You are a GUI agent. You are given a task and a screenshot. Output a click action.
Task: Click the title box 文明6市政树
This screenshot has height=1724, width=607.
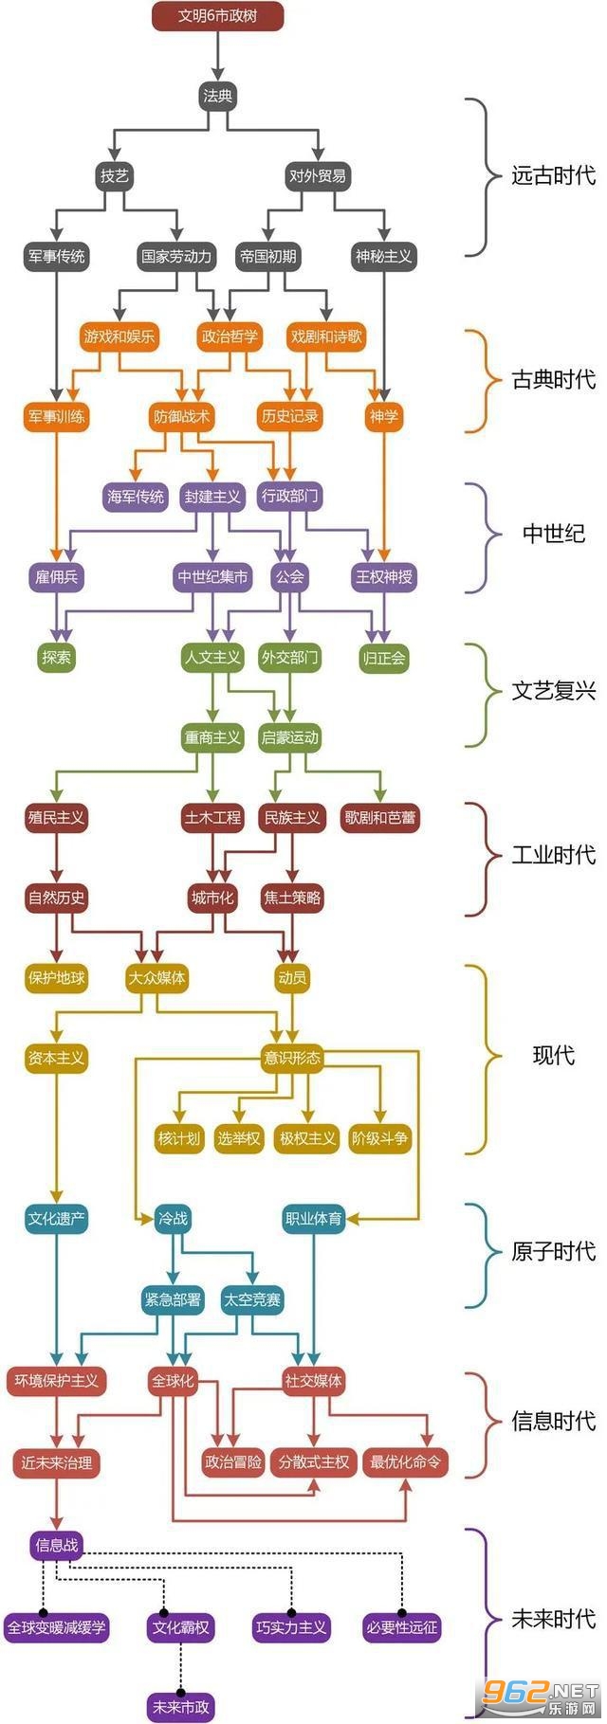click(x=217, y=16)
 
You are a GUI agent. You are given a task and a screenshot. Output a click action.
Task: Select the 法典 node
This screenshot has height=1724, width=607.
click(x=217, y=96)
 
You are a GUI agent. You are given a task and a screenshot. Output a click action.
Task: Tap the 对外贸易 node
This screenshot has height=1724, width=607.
click(x=318, y=175)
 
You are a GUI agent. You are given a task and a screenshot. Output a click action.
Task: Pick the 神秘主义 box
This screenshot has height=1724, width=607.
click(x=384, y=256)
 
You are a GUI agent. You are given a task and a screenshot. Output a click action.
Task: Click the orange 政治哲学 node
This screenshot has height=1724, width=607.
click(x=230, y=336)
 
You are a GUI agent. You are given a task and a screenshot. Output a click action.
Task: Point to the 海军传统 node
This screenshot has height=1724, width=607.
click(x=136, y=497)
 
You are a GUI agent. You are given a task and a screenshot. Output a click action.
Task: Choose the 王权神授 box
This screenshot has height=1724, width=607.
click(x=384, y=577)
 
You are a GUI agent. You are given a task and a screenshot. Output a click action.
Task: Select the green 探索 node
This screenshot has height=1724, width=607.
click(x=57, y=658)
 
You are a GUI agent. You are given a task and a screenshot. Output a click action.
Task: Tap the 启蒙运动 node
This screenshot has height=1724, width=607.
click(x=289, y=737)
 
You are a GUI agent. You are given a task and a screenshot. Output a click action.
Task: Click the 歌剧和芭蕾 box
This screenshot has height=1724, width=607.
click(x=380, y=818)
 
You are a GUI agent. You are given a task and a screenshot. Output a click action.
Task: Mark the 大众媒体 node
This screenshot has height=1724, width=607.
click(x=157, y=978)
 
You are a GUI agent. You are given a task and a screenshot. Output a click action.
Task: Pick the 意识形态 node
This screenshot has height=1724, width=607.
click(x=292, y=1059)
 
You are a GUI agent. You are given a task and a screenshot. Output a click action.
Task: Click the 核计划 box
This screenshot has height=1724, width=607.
click(x=179, y=1139)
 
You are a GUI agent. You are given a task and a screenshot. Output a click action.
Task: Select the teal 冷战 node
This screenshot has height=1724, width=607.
click(x=173, y=1220)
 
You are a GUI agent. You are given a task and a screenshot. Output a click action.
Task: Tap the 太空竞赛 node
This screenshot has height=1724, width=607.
click(x=252, y=1300)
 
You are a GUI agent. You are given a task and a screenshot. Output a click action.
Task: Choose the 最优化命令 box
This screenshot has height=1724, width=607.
click(x=406, y=1462)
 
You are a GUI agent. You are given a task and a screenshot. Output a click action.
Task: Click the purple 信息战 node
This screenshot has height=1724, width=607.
click(x=57, y=1546)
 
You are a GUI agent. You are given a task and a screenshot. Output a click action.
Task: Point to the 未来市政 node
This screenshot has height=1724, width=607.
click(x=180, y=1707)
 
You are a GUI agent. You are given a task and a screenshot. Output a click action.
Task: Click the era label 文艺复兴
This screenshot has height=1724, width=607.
click(x=554, y=691)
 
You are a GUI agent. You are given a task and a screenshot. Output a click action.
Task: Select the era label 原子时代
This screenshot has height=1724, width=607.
click(x=554, y=1252)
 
